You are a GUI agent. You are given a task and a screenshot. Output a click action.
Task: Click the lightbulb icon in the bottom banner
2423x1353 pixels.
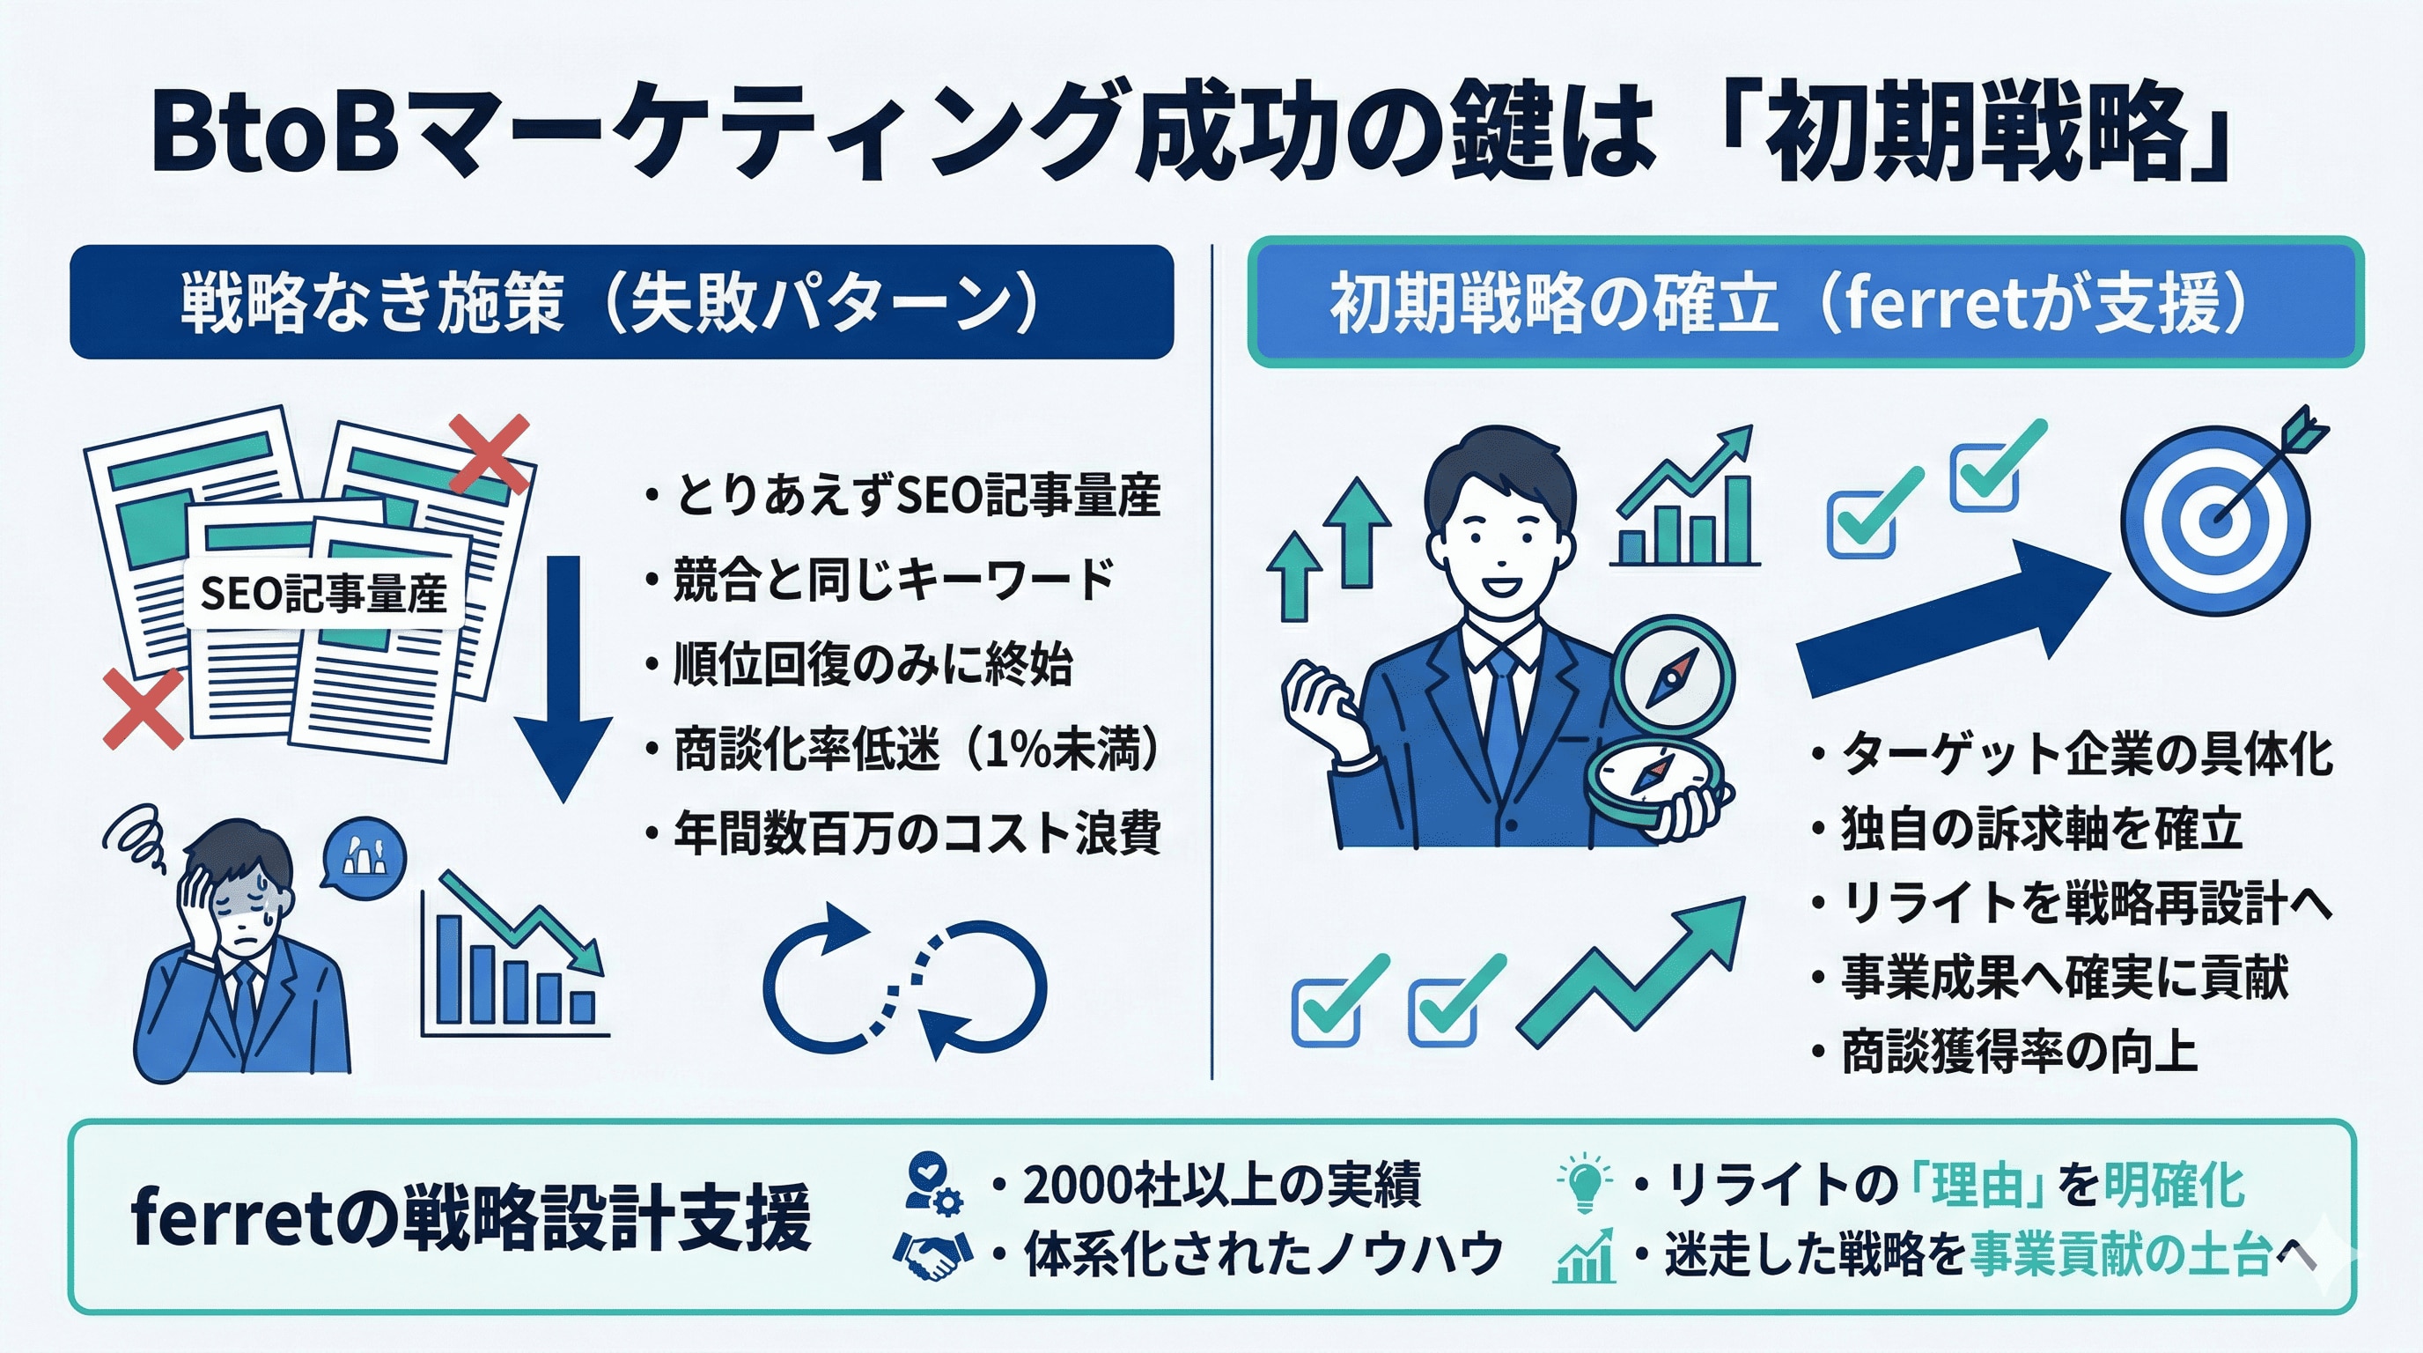[1585, 1182]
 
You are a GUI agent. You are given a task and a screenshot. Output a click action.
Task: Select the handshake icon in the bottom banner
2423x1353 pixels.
[932, 1254]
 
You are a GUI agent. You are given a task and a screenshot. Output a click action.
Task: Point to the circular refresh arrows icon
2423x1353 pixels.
[904, 984]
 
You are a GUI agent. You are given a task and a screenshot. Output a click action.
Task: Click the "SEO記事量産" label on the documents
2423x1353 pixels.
[324, 594]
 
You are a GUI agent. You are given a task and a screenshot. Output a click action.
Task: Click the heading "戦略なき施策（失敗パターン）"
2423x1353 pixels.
[610, 303]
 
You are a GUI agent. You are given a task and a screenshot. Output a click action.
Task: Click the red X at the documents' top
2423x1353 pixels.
[490, 455]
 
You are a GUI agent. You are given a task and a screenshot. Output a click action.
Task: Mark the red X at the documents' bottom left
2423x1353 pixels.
[143, 709]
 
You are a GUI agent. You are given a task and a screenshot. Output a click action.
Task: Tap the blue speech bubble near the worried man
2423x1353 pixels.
[363, 856]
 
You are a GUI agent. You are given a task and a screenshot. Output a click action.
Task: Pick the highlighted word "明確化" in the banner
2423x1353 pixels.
[2174, 1185]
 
